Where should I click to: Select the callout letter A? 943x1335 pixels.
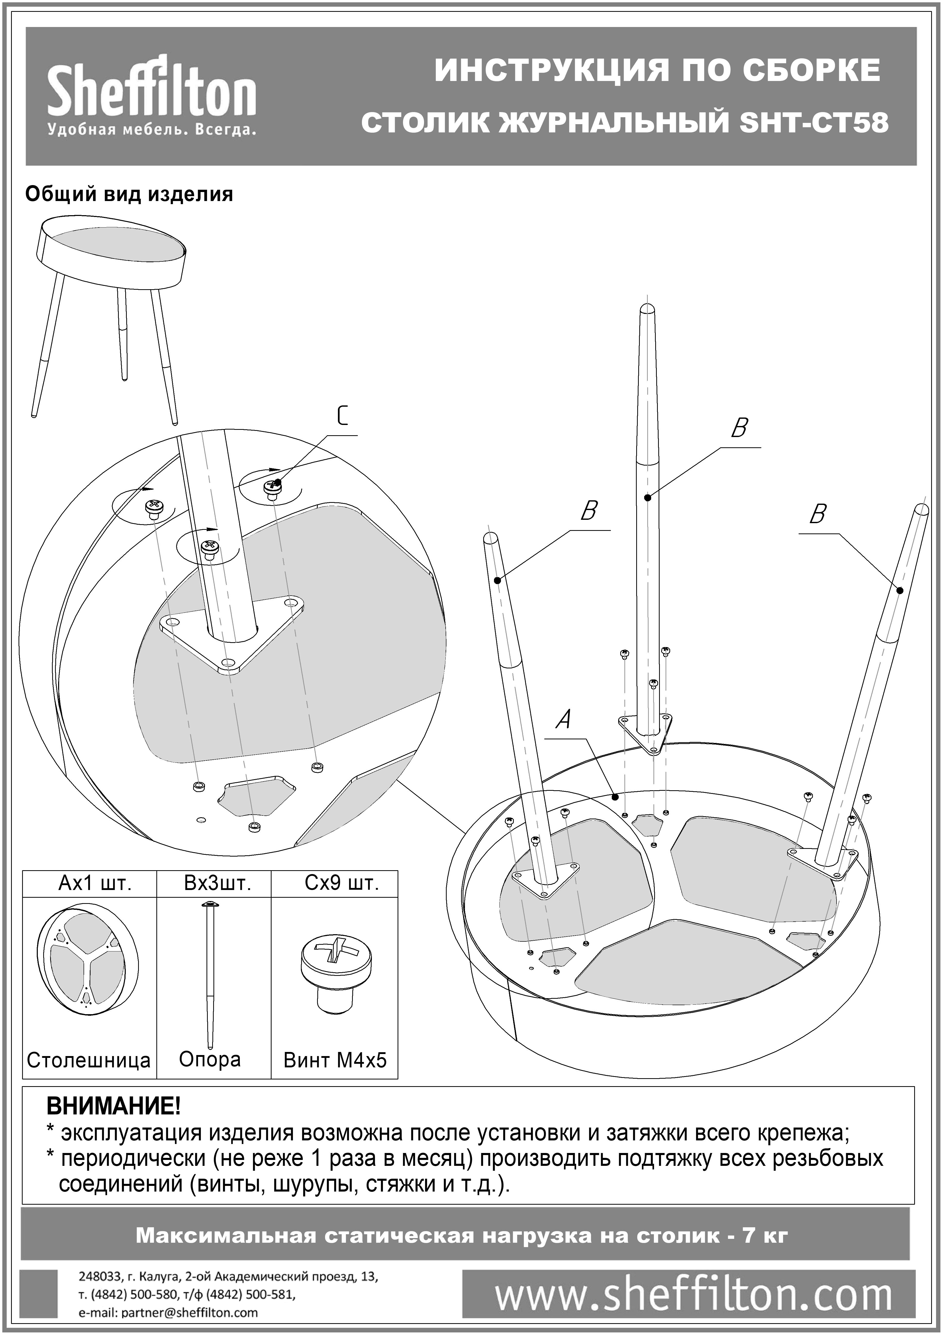(563, 720)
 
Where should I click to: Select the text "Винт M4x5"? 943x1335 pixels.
(335, 1060)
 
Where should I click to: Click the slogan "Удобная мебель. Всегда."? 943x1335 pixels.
(151, 130)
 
